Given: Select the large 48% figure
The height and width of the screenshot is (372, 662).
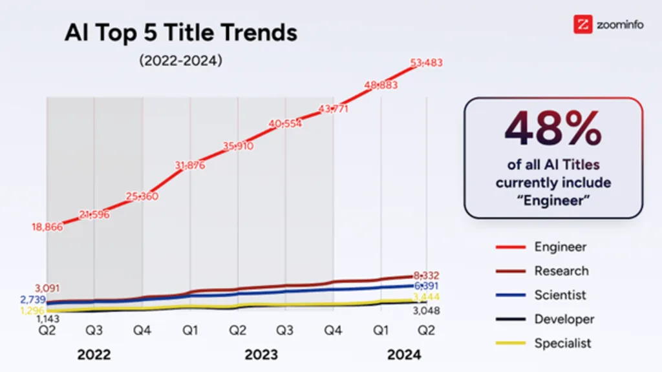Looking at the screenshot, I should point(553,129).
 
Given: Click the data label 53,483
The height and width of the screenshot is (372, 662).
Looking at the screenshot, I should point(426,63).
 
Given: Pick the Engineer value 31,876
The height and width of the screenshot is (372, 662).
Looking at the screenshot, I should point(190,165).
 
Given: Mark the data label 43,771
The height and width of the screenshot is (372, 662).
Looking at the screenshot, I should point(332,109).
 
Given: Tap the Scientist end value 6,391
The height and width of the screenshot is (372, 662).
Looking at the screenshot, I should point(426,285).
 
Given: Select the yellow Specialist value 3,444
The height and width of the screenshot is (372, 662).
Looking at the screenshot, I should point(426,297).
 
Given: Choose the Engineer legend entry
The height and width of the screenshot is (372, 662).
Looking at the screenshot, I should point(560,247).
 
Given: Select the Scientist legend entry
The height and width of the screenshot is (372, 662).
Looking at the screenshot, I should point(560,295).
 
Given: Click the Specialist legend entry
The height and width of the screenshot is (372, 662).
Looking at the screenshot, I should point(562,344).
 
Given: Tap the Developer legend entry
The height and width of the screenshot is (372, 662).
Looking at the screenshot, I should point(564,319).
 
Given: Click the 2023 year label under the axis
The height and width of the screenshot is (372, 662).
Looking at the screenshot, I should point(261,355).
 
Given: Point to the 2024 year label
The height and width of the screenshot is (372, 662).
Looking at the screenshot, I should point(403,355).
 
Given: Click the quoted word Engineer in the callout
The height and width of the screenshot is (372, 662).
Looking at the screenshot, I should point(553,200).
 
